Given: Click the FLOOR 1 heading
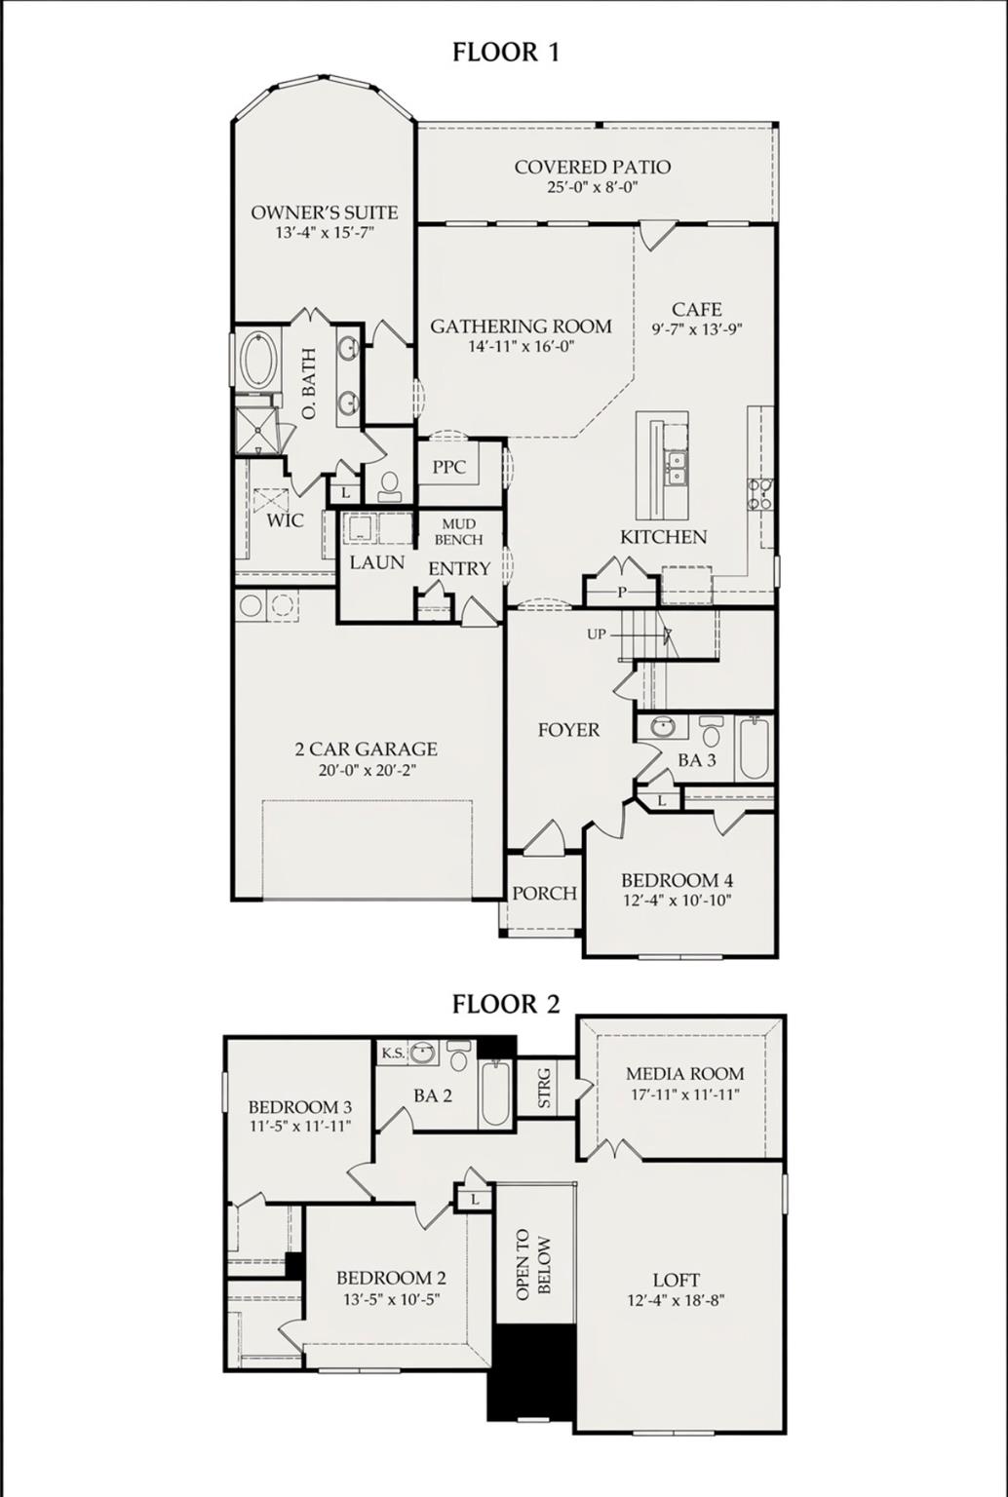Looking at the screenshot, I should [x=505, y=52].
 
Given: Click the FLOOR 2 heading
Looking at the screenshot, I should [x=505, y=1004].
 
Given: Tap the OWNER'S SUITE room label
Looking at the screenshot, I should [x=325, y=212].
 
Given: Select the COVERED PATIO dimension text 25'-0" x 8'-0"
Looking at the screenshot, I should [x=592, y=187].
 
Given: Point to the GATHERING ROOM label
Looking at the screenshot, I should [x=521, y=326].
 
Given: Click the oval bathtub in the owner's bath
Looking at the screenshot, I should [x=258, y=361].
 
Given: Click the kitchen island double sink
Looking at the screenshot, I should [x=675, y=468].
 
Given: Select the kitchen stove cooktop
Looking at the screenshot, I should [x=759, y=494].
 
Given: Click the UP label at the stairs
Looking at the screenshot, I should [x=597, y=634].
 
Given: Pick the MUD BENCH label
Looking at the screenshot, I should [x=458, y=532].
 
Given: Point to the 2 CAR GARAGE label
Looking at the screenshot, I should [x=366, y=749].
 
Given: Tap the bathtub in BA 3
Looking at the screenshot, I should [x=753, y=748].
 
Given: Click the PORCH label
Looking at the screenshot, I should [x=544, y=893].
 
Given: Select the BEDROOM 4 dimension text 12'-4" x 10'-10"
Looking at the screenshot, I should [x=677, y=901].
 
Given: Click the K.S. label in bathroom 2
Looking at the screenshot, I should [x=393, y=1053].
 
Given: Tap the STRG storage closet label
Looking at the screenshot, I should [x=545, y=1089].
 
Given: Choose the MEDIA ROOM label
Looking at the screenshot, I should [x=684, y=1074].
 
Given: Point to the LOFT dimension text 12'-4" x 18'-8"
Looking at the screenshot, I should [x=676, y=1300].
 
